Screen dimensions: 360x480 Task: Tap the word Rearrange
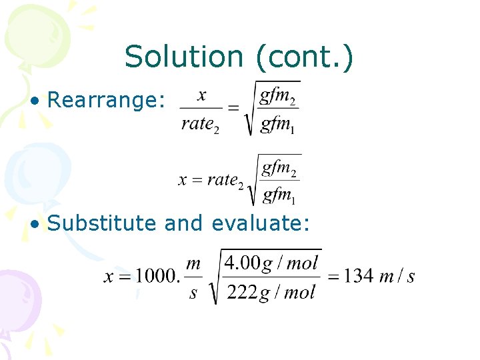pyautogui.click(x=106, y=100)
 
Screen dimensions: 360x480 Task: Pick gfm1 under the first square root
pyautogui.click(x=278, y=125)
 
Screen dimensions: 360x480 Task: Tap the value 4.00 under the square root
pyautogui.click(x=241, y=262)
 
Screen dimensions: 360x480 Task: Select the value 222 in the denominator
pyautogui.click(x=241, y=292)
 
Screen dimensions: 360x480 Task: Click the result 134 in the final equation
pyautogui.click(x=359, y=276)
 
